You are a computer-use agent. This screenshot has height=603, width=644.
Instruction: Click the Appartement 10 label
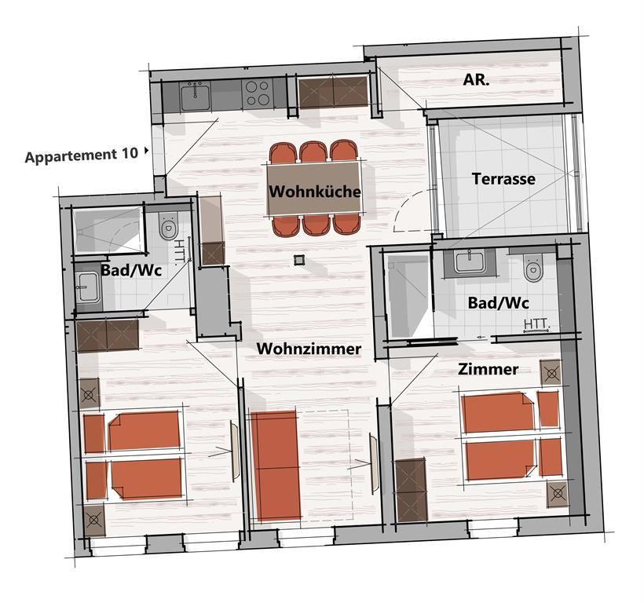point(82,155)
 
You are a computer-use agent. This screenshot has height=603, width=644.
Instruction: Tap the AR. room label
point(476,79)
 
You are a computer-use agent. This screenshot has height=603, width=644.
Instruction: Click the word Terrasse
point(503,179)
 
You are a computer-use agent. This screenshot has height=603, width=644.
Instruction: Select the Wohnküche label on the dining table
point(315,192)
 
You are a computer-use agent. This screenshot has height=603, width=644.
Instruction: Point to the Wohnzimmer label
point(309,349)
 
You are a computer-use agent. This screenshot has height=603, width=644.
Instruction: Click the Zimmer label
point(488,369)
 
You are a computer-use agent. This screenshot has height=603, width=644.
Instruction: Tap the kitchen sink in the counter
point(196,97)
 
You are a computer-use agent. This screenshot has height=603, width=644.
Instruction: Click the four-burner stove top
point(258,93)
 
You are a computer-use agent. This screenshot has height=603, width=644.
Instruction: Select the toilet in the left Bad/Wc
point(168,227)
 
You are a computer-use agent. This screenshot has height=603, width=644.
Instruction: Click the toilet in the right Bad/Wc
point(533,268)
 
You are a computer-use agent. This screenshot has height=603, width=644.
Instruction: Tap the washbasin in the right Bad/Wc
point(470,263)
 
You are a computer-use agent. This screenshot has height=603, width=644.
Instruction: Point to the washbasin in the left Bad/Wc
point(87,287)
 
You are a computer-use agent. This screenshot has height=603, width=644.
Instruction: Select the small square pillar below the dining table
point(299,259)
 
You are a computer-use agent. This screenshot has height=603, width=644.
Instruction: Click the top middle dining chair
point(313,152)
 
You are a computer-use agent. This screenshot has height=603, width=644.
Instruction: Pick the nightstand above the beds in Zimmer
point(551,373)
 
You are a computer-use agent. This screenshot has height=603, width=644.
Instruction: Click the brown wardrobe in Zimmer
point(411,490)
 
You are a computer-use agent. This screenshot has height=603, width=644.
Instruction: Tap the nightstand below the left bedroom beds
point(94,520)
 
